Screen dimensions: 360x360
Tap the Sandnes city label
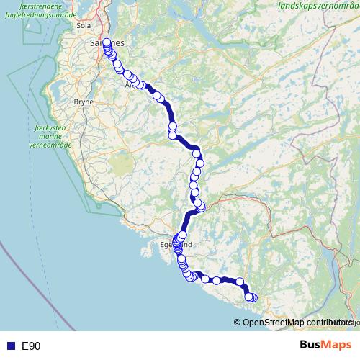(107, 43)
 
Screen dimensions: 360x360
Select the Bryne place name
(84, 102)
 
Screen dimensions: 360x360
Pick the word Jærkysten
(30, 127)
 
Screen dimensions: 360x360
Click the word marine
(30, 135)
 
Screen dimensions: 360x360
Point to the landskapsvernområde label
(317, 6)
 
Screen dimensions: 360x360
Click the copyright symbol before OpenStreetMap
(238, 323)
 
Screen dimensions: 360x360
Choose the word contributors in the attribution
(327, 323)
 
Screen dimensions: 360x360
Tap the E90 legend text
(31, 346)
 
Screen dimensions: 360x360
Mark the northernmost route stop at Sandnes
(107, 42)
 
